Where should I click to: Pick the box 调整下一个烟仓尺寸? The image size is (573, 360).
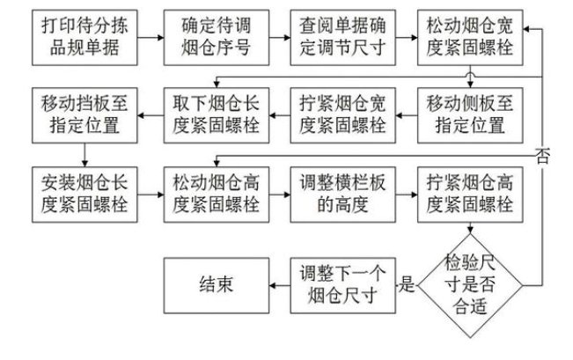pos(342,284)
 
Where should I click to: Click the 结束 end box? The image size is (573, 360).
pos(217,284)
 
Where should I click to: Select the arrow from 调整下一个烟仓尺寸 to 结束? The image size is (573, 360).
pos(280,284)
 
